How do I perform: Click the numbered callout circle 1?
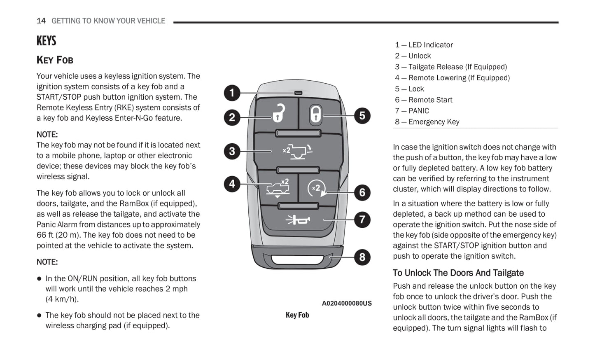tap(232, 93)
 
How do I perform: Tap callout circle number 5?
tap(362, 115)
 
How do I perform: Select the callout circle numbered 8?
tap(362, 257)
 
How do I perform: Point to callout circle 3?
tap(232, 151)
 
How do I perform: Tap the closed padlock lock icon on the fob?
tap(315, 114)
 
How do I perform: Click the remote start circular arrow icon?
tap(317, 189)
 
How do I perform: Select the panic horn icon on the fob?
tap(297, 220)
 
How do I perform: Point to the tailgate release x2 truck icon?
tap(297, 151)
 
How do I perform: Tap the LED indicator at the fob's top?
tap(298, 93)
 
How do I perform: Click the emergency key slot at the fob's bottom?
tap(297, 259)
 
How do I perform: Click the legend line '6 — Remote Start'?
tap(423, 100)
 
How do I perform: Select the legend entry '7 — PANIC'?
tap(412, 111)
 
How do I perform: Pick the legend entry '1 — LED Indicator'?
tap(424, 45)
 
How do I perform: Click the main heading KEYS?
tap(46, 41)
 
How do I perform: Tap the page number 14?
tap(41, 21)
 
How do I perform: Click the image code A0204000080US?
tap(346, 303)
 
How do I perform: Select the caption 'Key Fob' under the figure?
tap(297, 315)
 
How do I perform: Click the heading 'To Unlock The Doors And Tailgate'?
tap(458, 273)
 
